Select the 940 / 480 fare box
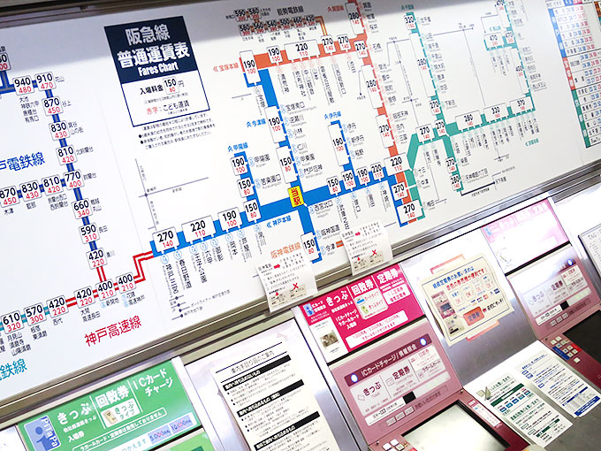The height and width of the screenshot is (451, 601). coord(22,85)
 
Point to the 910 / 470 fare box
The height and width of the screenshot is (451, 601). coord(44,81)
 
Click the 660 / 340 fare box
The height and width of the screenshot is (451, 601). coord(82,208)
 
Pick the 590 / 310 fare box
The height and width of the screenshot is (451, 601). coord(89,233)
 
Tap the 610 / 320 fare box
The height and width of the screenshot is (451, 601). coord(11,321)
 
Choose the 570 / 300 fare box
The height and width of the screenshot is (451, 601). coord(34,314)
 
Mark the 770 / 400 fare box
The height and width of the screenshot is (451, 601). coord(72,179)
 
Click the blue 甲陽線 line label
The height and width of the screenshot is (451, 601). coord(238,147)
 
